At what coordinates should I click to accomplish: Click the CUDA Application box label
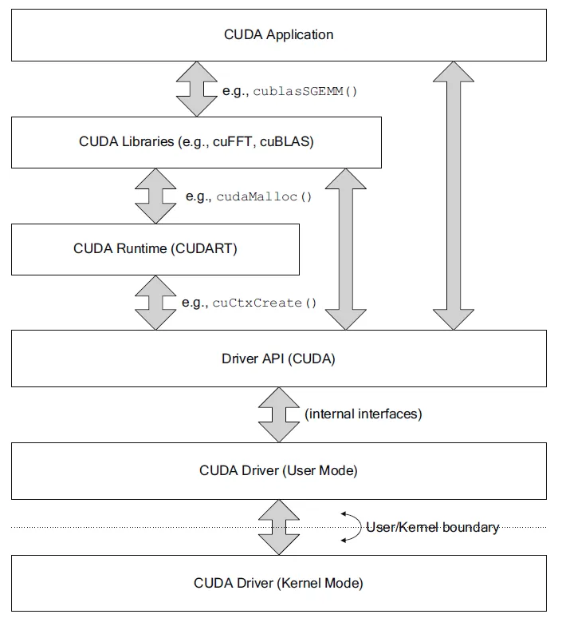point(278,34)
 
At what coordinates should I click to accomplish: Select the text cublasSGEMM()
point(305,91)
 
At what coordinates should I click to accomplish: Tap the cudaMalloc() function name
point(262,196)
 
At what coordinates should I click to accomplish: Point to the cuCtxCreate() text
point(264,303)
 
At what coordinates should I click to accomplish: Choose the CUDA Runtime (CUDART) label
point(155,248)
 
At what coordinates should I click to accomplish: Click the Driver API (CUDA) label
point(278,359)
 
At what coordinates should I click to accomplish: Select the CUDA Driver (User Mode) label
point(278,470)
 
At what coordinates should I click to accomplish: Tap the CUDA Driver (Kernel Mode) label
point(278,583)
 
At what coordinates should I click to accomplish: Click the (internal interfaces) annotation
point(363,414)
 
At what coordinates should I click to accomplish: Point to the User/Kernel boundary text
point(432,527)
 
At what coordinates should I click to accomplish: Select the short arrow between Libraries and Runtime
point(155,196)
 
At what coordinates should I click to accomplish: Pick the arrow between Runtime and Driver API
point(155,303)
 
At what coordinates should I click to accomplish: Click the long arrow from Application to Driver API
point(452,196)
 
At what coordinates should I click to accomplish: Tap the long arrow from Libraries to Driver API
point(346,248)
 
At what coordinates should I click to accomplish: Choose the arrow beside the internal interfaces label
point(278,414)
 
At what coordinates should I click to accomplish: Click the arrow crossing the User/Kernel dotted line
point(278,527)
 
